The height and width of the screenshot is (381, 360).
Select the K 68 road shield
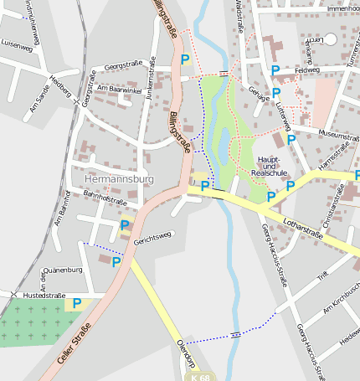pyautogui.click(x=200, y=377)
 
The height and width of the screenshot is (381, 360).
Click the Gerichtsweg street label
pyautogui.click(x=152, y=239)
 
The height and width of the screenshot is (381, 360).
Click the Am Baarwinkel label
pyautogui.click(x=116, y=88)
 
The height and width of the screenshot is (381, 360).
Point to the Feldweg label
pyautogui.click(x=307, y=70)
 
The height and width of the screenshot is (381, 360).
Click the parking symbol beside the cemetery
pyautogui.click(x=77, y=303)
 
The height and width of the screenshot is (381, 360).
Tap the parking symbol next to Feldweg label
pyautogui.click(x=275, y=71)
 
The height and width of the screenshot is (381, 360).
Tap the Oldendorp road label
pyautogui.click(x=186, y=354)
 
